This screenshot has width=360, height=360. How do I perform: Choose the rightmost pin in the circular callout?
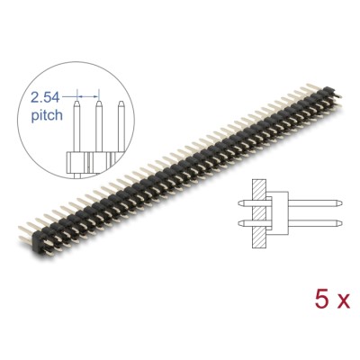120,130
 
